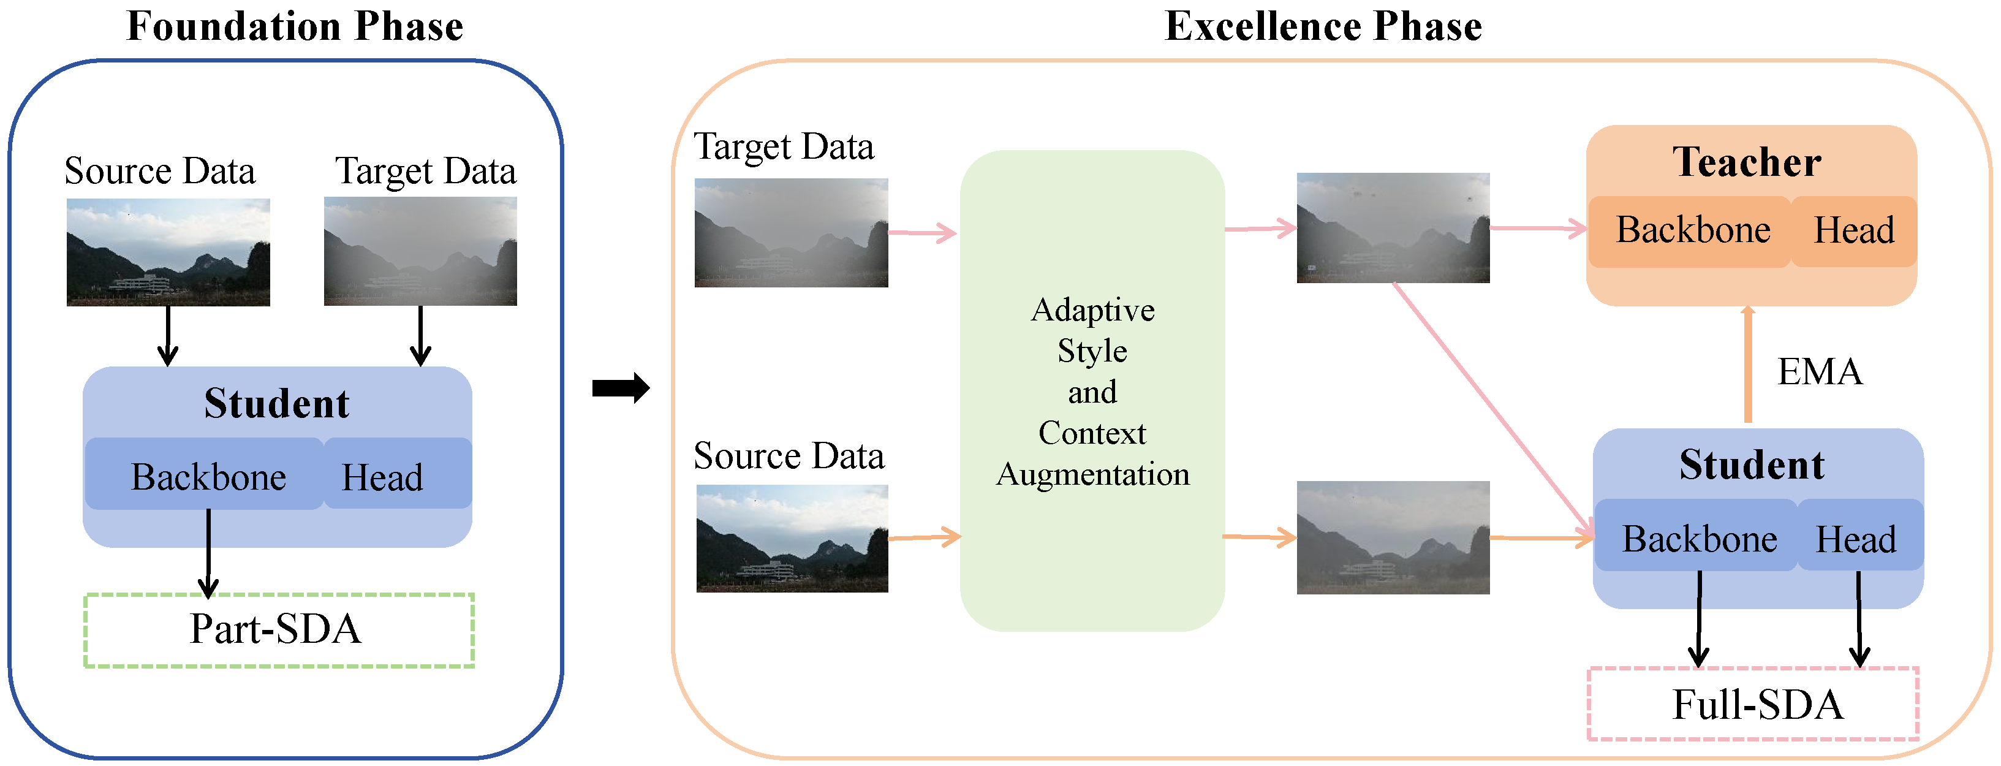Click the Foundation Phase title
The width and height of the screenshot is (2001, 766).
click(x=295, y=26)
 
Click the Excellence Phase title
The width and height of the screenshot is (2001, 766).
click(x=1323, y=26)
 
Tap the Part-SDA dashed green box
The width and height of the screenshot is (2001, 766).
click(x=278, y=630)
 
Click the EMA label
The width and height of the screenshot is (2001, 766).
click(x=1819, y=372)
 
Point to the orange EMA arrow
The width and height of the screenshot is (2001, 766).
click(x=1748, y=365)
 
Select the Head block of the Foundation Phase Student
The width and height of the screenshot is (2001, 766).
click(x=383, y=476)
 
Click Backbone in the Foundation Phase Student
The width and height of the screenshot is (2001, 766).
click(x=208, y=476)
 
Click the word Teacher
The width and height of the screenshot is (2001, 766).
click(x=1746, y=162)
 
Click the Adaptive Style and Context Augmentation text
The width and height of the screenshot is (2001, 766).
click(x=1092, y=392)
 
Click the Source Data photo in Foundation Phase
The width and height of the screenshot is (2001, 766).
click(x=168, y=252)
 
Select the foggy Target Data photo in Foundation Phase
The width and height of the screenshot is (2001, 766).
click(x=420, y=251)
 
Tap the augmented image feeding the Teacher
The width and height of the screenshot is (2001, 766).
click(x=1393, y=227)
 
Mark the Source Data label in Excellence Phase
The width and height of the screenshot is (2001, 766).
click(x=789, y=456)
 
